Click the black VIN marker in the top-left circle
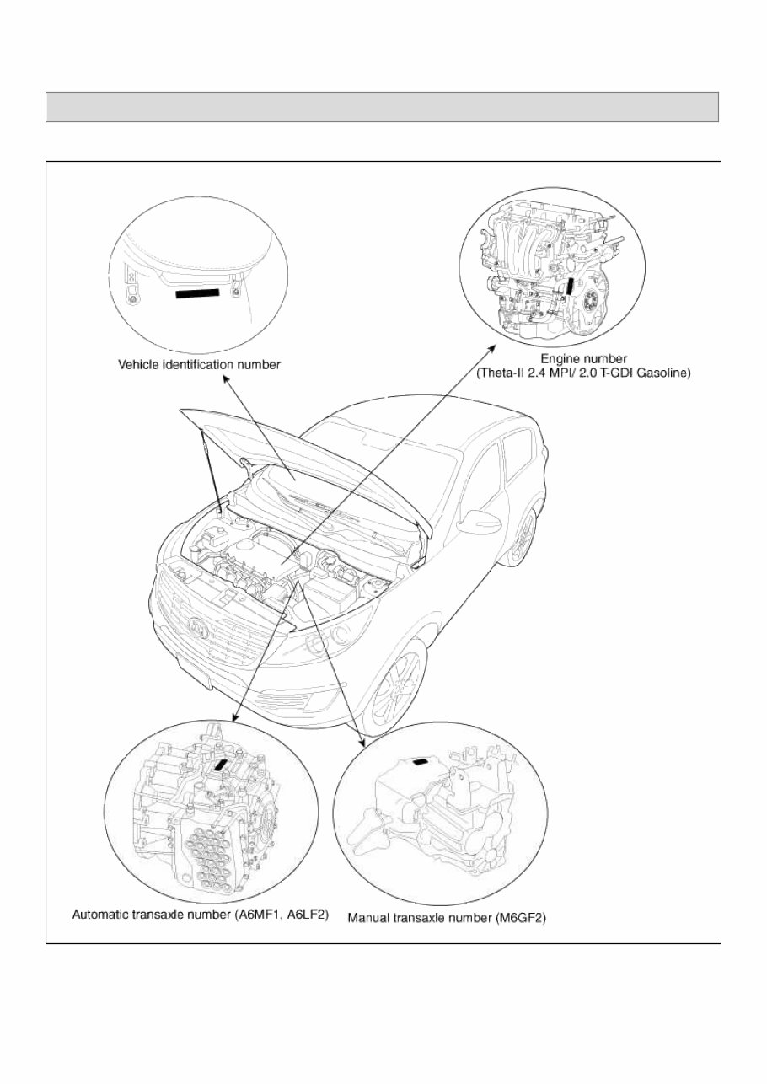click(x=197, y=293)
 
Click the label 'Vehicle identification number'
click(x=198, y=364)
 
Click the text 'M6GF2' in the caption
click(x=523, y=917)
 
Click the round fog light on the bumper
click(x=319, y=645)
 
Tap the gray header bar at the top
click(x=382, y=107)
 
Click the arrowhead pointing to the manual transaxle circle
click(x=364, y=743)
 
